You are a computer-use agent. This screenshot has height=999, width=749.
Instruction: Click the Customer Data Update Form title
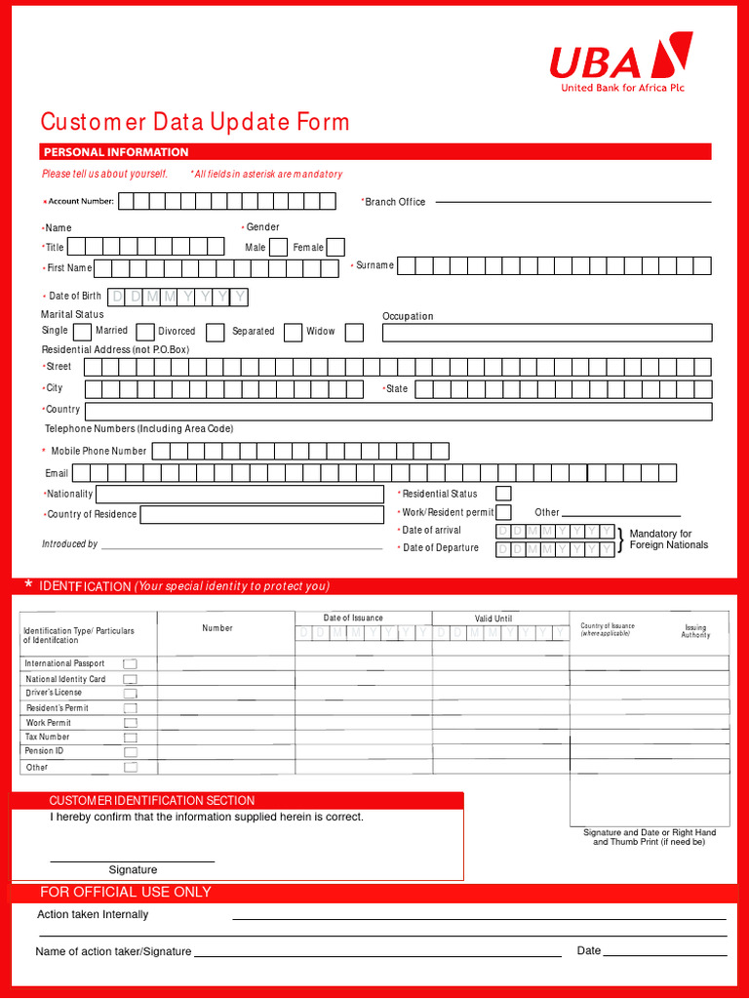tap(194, 122)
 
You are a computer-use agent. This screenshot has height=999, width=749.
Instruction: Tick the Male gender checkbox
tap(278, 248)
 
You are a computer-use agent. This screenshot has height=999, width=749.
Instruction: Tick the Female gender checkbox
tap(335, 248)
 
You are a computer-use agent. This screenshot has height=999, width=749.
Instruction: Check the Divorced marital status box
tap(216, 333)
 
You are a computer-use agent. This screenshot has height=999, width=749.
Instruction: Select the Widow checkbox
tap(354, 333)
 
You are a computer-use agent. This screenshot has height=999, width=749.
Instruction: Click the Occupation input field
tap(546, 333)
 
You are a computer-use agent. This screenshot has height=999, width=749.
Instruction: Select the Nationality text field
tap(240, 494)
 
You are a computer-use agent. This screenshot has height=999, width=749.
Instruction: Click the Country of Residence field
tap(262, 514)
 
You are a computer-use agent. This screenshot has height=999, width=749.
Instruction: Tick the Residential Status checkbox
tap(503, 494)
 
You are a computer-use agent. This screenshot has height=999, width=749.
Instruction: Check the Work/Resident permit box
tap(503, 512)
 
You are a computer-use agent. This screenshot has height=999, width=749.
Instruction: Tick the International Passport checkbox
tap(130, 664)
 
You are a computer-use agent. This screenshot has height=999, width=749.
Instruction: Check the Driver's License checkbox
tap(130, 694)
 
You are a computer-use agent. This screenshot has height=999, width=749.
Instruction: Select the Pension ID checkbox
tap(130, 752)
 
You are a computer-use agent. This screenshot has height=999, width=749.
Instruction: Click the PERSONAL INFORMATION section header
tap(115, 152)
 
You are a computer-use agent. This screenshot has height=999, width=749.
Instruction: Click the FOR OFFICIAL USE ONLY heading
tap(126, 892)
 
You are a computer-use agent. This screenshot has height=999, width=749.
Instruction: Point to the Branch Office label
tap(395, 202)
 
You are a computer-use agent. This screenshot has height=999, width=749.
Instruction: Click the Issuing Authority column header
tap(695, 631)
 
